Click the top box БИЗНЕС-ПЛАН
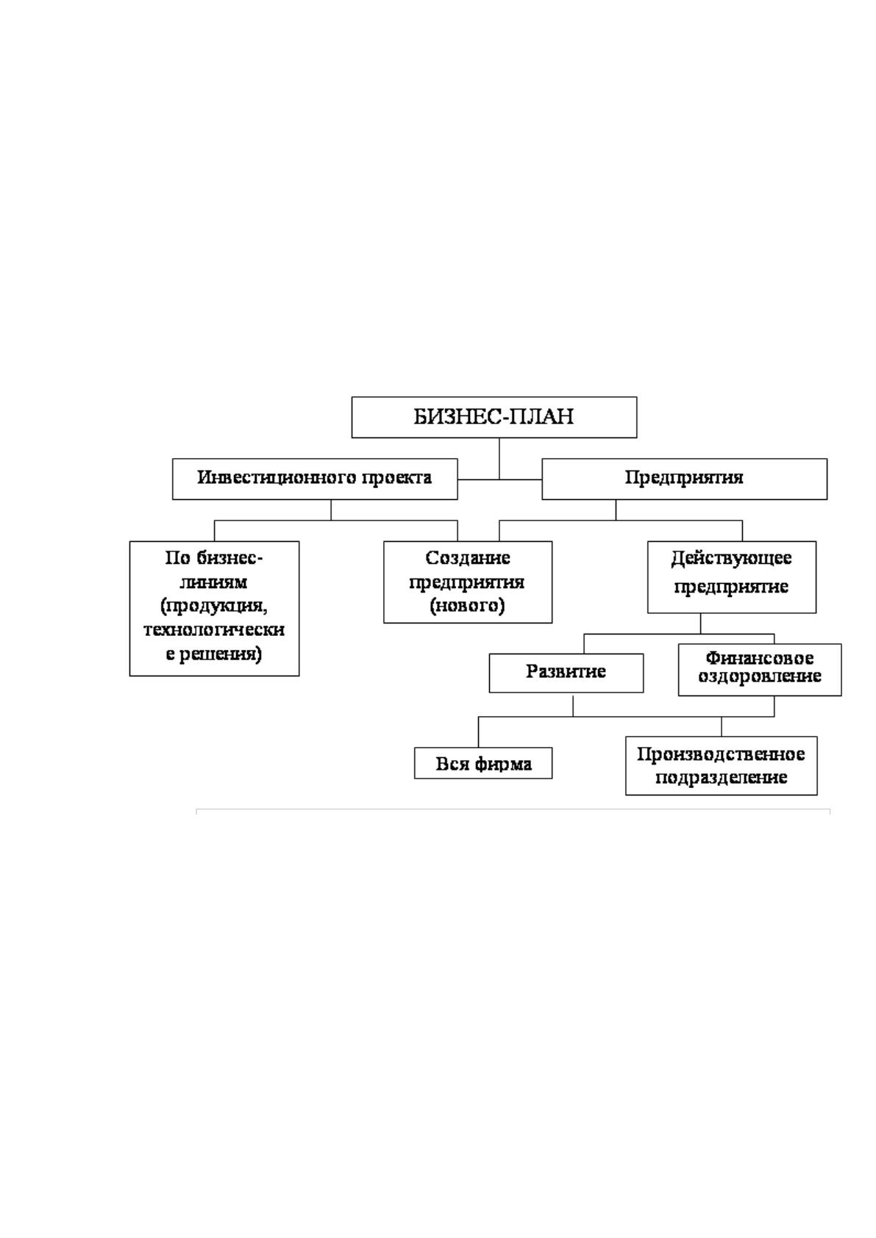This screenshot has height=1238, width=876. (x=494, y=417)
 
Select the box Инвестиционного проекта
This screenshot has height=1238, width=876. (x=315, y=479)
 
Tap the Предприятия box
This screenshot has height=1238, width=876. (x=684, y=479)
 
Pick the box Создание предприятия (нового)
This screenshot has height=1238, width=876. (x=468, y=582)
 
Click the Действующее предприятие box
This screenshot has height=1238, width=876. (x=732, y=577)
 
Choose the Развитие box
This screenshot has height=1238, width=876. (x=566, y=673)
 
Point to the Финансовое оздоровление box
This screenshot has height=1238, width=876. (x=760, y=669)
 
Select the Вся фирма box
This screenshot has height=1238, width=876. (x=483, y=763)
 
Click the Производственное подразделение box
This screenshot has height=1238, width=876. (x=721, y=765)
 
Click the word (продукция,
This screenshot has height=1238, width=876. (x=214, y=607)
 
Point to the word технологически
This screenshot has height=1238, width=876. (x=214, y=630)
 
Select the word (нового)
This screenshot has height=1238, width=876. (x=467, y=607)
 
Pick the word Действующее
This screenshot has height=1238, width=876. (x=731, y=559)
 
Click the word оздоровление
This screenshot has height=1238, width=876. (x=759, y=676)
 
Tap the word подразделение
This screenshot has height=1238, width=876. (x=721, y=778)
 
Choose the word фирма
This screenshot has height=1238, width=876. (x=504, y=765)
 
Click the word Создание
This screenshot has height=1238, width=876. (x=467, y=558)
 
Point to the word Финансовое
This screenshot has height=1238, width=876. (x=759, y=658)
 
